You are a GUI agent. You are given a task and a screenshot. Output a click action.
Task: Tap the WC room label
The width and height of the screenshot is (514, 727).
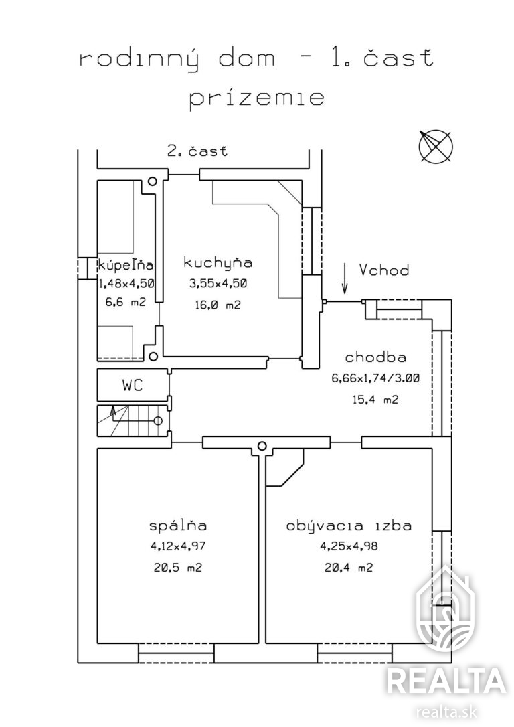pos(133,385)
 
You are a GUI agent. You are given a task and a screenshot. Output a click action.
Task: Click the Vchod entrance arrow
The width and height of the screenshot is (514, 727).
pos(345,278)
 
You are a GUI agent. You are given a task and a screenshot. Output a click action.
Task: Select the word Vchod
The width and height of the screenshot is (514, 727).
pos(384,270)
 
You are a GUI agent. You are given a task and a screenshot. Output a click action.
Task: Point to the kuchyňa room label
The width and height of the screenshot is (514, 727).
pos(218,262)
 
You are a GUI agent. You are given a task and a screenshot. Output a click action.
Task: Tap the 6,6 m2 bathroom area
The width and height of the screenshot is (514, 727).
pos(126,302)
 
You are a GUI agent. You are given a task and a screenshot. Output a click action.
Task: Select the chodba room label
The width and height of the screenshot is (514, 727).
pos(375,357)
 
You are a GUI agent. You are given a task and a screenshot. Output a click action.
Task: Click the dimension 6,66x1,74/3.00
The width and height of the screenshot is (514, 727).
pos(375,378)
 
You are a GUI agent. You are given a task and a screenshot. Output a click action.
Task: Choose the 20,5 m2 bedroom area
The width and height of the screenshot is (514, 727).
pos(178,568)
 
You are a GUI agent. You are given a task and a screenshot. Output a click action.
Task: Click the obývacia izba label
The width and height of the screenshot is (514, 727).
pos(349,526)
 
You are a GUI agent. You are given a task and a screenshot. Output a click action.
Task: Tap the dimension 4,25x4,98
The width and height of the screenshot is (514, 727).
pos(349,546)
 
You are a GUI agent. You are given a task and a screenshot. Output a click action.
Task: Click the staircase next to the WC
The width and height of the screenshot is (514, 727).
pos(133,420)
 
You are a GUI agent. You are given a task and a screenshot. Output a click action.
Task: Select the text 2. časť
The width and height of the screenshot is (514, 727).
pos(197,150)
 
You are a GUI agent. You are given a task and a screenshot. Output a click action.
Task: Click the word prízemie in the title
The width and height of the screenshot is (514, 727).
pos(256,99)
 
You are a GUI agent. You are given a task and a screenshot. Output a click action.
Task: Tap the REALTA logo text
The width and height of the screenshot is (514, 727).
pos(446,681)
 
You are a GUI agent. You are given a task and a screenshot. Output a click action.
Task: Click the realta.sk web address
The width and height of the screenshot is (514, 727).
pos(447,711)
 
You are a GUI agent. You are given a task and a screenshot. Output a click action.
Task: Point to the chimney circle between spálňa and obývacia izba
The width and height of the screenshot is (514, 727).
pos(262,446)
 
